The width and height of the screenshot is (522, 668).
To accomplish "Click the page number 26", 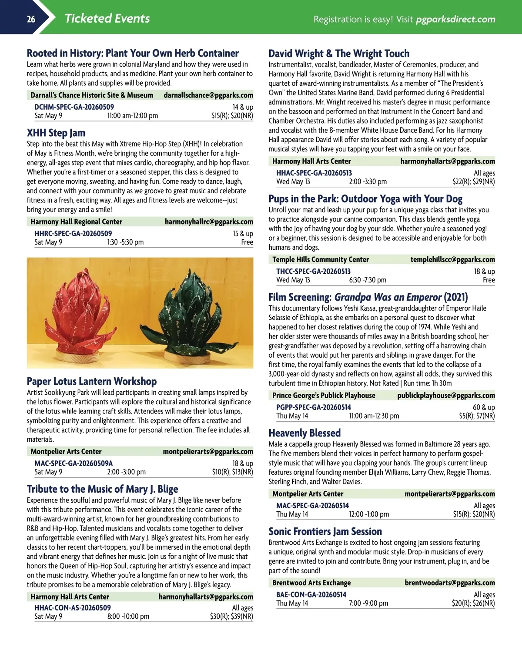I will tap(31, 19).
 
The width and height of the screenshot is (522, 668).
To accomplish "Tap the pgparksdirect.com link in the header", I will tap(455, 19).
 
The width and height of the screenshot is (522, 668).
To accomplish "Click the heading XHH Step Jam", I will tap(56, 133).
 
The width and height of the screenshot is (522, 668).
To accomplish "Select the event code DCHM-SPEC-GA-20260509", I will tap(74, 107).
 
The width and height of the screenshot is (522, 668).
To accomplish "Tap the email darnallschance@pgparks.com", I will tap(208, 95).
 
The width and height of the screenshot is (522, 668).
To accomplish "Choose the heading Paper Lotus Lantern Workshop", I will tap(92, 381).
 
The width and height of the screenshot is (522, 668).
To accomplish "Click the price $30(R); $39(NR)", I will tap(231, 616).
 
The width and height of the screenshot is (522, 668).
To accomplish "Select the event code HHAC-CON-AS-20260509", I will tap(73, 608).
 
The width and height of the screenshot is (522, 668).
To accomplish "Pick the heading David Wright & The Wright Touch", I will tap(339, 54).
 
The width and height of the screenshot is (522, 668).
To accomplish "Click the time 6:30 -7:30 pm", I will tap(368, 280).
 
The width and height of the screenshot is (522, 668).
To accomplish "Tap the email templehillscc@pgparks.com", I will tap(452, 259).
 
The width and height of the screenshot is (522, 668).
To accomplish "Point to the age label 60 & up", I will tap(484, 407).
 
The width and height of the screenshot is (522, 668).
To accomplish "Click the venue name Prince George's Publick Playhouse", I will tap(324, 396).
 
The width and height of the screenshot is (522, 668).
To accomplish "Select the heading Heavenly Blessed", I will tap(304, 433).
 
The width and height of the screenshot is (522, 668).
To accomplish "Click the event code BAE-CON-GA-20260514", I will tap(311, 594).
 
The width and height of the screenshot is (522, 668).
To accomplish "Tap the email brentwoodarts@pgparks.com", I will tap(450, 583).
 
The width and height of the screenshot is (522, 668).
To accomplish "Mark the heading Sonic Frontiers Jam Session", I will tap(325, 531).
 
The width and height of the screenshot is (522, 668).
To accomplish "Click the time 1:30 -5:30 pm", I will tap(125, 242).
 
